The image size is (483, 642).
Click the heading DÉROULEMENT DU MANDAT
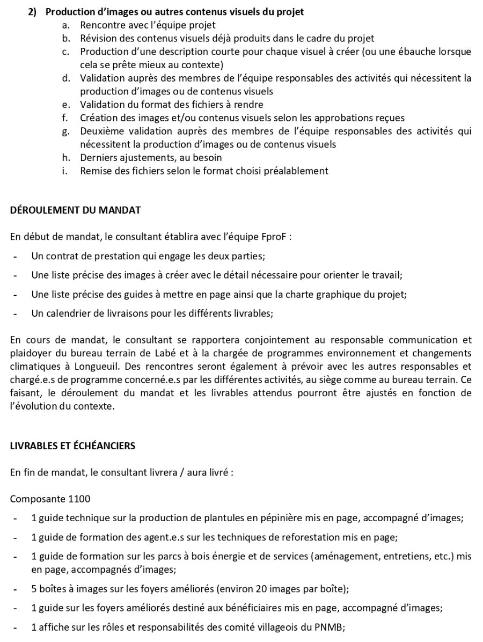[75, 210]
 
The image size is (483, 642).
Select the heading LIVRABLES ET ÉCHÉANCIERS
[72, 446]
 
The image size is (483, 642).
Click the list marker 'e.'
[65, 105]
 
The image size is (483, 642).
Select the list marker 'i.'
[64, 171]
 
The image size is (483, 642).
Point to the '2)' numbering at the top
[34, 11]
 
